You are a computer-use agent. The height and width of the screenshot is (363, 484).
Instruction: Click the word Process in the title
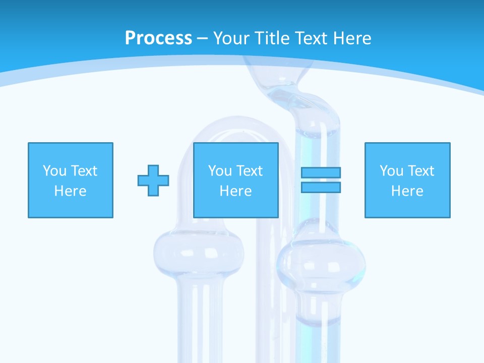[x=158, y=38]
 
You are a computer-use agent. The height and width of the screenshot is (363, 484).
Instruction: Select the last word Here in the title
[x=352, y=38]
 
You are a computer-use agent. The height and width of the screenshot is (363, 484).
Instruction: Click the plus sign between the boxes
[x=153, y=180]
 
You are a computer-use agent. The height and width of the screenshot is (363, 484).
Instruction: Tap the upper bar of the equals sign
[x=321, y=172]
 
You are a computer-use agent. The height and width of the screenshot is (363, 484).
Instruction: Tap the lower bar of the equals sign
[x=321, y=188]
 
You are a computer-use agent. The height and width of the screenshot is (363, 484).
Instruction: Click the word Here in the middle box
[x=236, y=191]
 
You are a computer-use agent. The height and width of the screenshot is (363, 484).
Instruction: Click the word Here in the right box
[x=407, y=191]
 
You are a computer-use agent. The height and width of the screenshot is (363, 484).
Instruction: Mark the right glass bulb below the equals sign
[x=321, y=262]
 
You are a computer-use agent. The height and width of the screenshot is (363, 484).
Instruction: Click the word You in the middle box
[x=220, y=171]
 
